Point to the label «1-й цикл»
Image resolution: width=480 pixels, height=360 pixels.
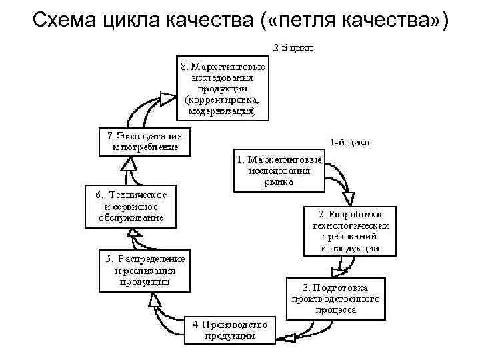click(x=349, y=142)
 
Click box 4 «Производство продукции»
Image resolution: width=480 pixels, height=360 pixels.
click(x=229, y=330)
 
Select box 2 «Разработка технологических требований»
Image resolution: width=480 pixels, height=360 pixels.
click(x=350, y=231)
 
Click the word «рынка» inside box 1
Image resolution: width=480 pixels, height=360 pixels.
click(x=278, y=181)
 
